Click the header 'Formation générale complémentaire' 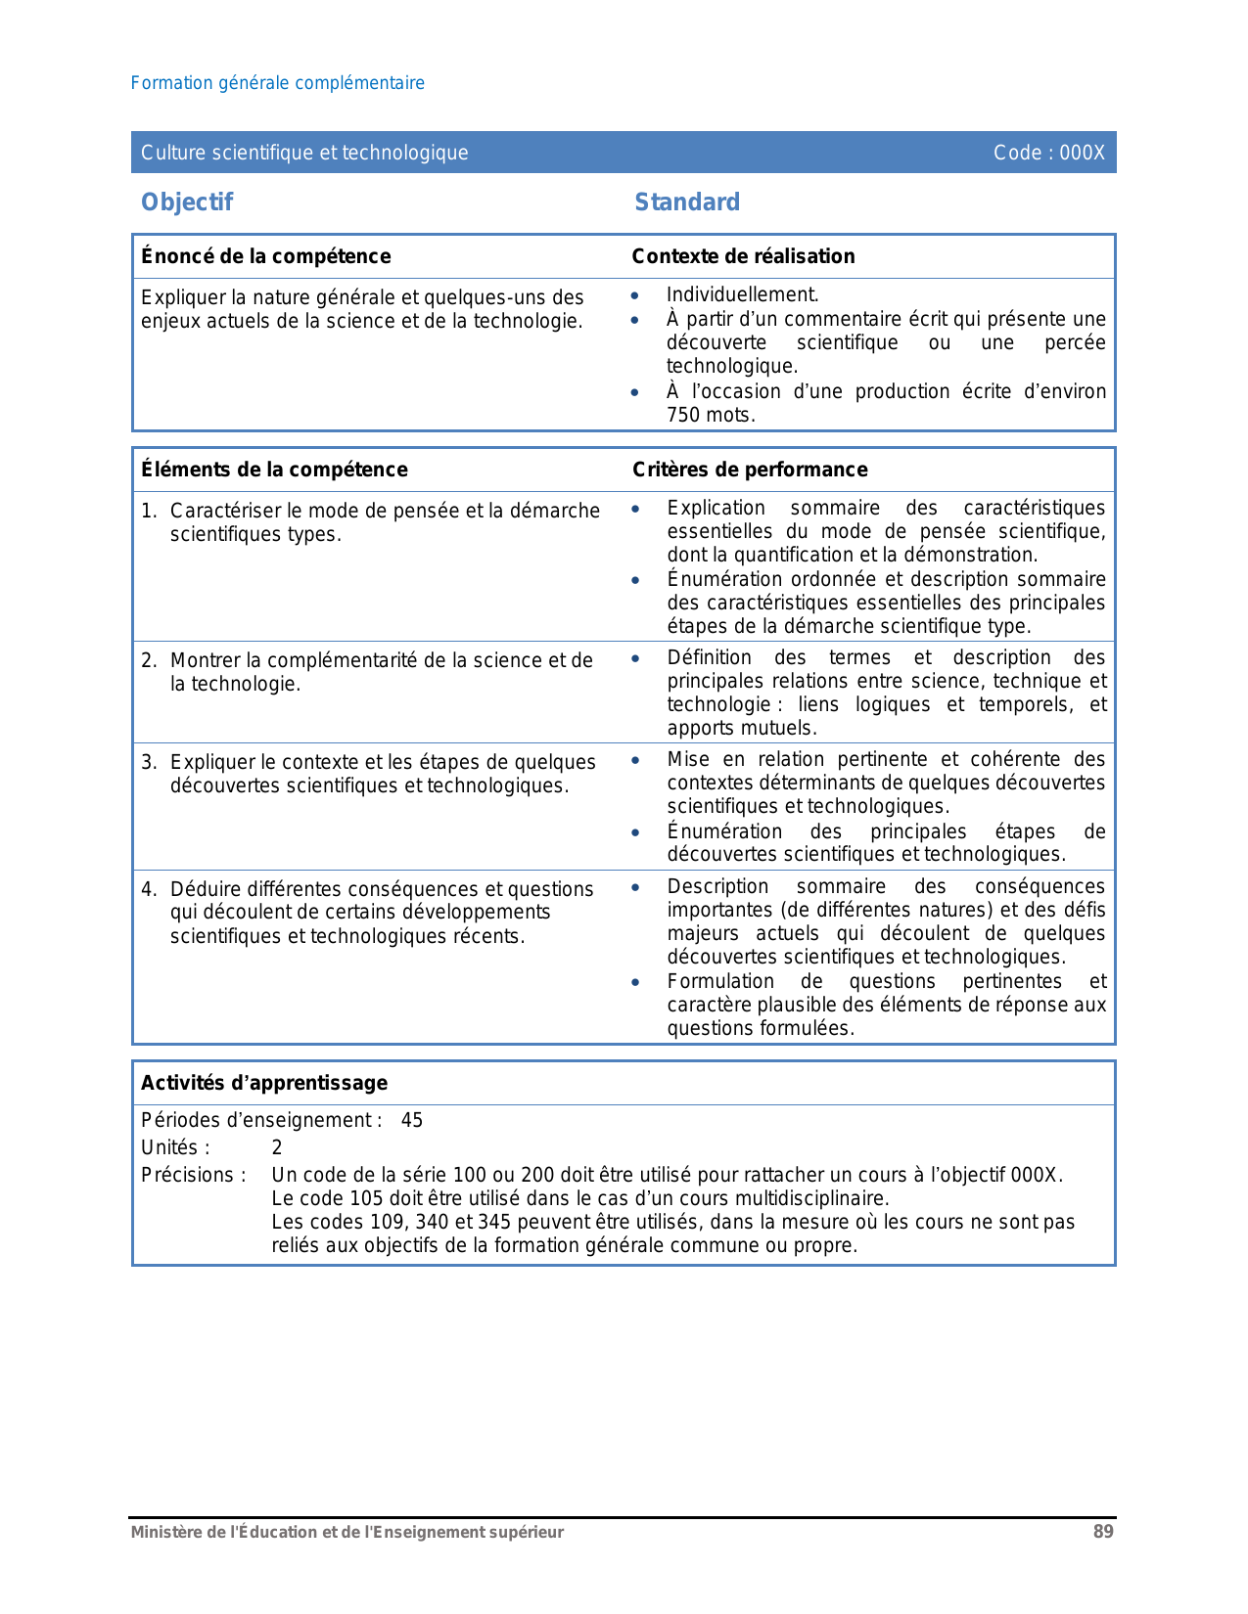[x=278, y=83]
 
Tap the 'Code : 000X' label [x=1048, y=153]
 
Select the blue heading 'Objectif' [x=187, y=202]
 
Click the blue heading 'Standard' [x=687, y=202]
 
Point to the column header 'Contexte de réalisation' [x=743, y=256]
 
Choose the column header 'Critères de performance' [x=750, y=470]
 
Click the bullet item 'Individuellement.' [x=742, y=294]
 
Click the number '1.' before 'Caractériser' [x=149, y=512]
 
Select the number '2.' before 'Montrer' [x=149, y=661]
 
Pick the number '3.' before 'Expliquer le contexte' [x=149, y=763]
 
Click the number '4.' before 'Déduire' [x=149, y=890]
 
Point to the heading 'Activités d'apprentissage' [x=264, y=1083]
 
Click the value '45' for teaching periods [x=412, y=1121]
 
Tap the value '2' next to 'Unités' [x=277, y=1148]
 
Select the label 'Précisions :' [x=194, y=1176]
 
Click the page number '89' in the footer [x=1103, y=1533]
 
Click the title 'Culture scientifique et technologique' [x=304, y=153]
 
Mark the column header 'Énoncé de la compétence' [x=265, y=256]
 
